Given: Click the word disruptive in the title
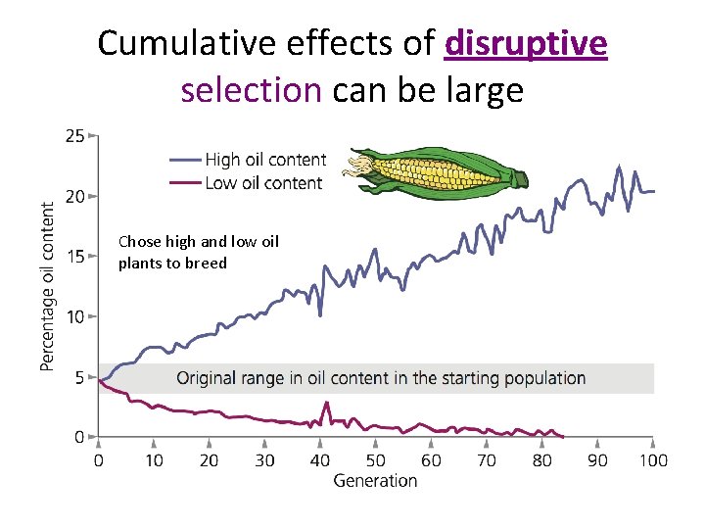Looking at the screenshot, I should point(526,44).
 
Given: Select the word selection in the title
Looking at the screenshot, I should point(251,90).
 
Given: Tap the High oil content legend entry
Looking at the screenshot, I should point(263,160).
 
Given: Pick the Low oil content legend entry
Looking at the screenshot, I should point(262,183).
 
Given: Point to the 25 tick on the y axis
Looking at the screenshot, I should point(74,136).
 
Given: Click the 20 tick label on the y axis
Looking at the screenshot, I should point(74,196).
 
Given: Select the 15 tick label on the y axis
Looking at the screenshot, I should point(74,257).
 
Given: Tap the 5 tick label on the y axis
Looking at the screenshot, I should point(78,377).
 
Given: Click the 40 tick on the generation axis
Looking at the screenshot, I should point(320,460).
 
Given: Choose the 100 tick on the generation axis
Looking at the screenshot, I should point(653,460).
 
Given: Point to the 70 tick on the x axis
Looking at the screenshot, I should point(487,460).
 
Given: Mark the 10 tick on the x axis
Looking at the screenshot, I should point(154,460).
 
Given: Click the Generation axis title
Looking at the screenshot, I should point(375,481).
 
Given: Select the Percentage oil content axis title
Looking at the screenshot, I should point(47,286).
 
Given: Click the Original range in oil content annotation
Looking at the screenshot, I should point(381,378).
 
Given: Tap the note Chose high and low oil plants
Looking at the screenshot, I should point(198,252).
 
